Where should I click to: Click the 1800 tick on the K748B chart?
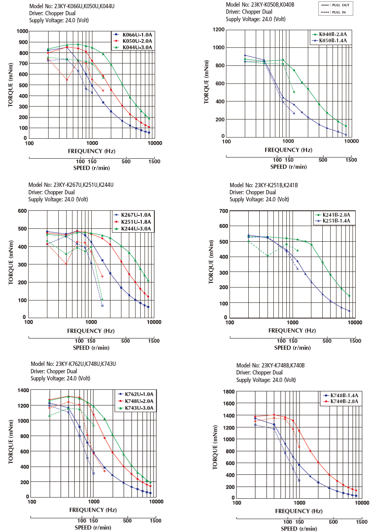[229, 392]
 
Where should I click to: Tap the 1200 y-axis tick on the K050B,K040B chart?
[219, 30]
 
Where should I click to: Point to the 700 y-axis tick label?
[224, 211]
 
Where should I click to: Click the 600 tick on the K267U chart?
[22, 211]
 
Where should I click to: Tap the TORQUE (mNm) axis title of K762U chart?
[11, 442]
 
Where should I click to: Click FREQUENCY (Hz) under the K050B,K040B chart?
[288, 150]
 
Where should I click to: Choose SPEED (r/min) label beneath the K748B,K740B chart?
[299, 529]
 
